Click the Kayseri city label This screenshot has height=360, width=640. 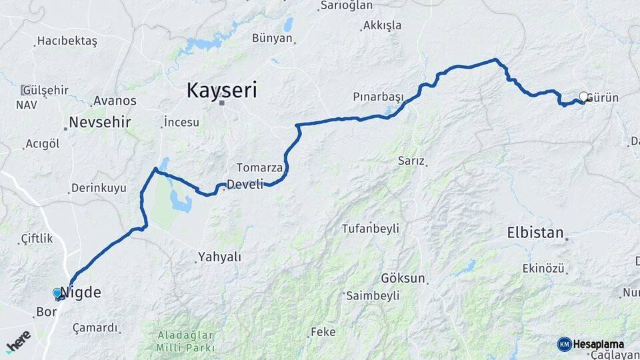[221, 90]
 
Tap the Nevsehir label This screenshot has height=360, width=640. [100, 123]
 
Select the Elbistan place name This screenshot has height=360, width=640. [535, 233]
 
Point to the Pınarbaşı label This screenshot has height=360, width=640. [378, 97]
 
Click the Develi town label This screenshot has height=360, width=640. [245, 184]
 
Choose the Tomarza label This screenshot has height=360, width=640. [260, 167]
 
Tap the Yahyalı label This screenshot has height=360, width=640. [221, 257]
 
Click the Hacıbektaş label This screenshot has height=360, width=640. [67, 41]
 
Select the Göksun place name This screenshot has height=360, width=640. [403, 278]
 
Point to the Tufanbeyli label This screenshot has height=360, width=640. [370, 229]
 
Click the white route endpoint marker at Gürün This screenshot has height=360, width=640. [583, 97]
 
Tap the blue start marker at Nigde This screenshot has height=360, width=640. [57, 293]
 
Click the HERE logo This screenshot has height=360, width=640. [18, 341]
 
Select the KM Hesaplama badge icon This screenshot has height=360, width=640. [564, 344]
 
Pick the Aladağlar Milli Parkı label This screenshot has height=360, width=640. [185, 341]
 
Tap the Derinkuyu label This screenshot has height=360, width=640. [98, 188]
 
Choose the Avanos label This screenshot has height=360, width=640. [115, 101]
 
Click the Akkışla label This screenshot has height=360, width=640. [382, 26]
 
